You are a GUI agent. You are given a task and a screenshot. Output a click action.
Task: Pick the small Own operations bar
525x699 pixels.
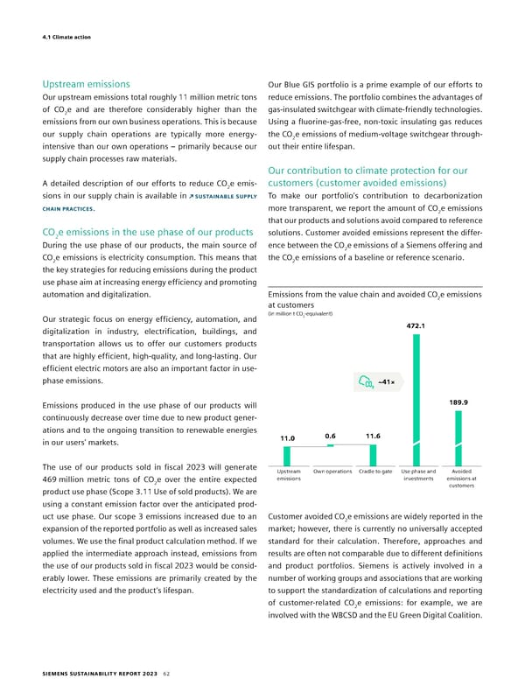point(331,465)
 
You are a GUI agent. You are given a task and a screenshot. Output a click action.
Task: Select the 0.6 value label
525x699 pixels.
point(331,435)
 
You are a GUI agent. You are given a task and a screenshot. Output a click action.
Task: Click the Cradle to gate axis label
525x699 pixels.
point(374,472)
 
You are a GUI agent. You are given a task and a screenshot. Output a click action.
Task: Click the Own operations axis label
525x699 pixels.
point(331,472)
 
